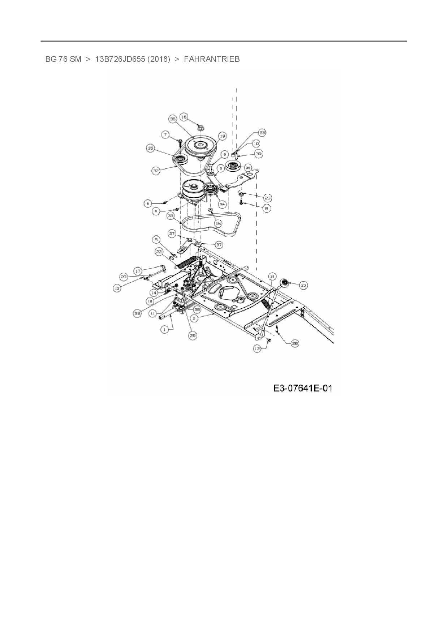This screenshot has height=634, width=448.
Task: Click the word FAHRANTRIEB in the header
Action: click(212, 59)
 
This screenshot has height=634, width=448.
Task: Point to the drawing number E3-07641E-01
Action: click(303, 388)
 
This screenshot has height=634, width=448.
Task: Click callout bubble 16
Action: click(184, 117)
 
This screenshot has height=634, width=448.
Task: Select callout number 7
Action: click(165, 135)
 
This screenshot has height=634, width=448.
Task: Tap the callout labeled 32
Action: click(156, 170)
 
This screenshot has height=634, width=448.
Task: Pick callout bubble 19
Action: click(222, 136)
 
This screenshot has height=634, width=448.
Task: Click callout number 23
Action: click(262, 133)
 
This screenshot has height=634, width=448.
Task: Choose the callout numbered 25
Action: click(267, 198)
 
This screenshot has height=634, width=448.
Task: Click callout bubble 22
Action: click(159, 251)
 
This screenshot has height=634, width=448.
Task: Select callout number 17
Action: click(138, 270)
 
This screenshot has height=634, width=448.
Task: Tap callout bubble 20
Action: click(303, 285)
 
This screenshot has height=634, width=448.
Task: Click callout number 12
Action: click(257, 348)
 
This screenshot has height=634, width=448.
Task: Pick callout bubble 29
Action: click(193, 335)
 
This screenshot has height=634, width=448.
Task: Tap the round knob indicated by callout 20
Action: click(284, 283)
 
